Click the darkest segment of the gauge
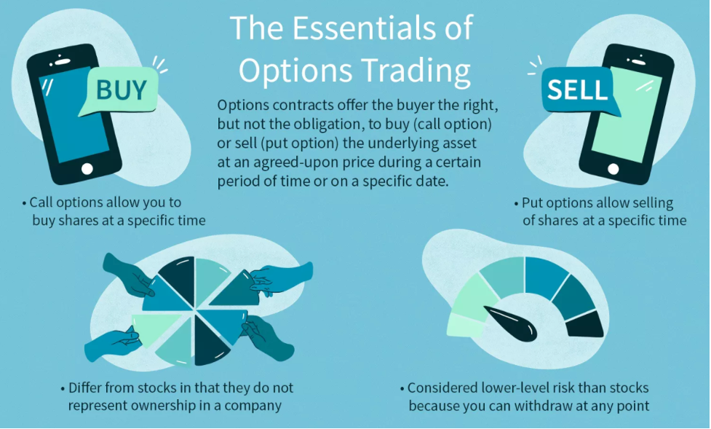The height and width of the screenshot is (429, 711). tap(585, 324)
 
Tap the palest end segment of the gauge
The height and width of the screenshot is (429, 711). tap(465, 326)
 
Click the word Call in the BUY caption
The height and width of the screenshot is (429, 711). tap(41, 202)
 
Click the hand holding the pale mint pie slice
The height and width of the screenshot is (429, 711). tap(111, 345)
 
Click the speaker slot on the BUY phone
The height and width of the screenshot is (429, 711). tap(63, 62)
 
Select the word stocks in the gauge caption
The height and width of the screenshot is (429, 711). tap(629, 388)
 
